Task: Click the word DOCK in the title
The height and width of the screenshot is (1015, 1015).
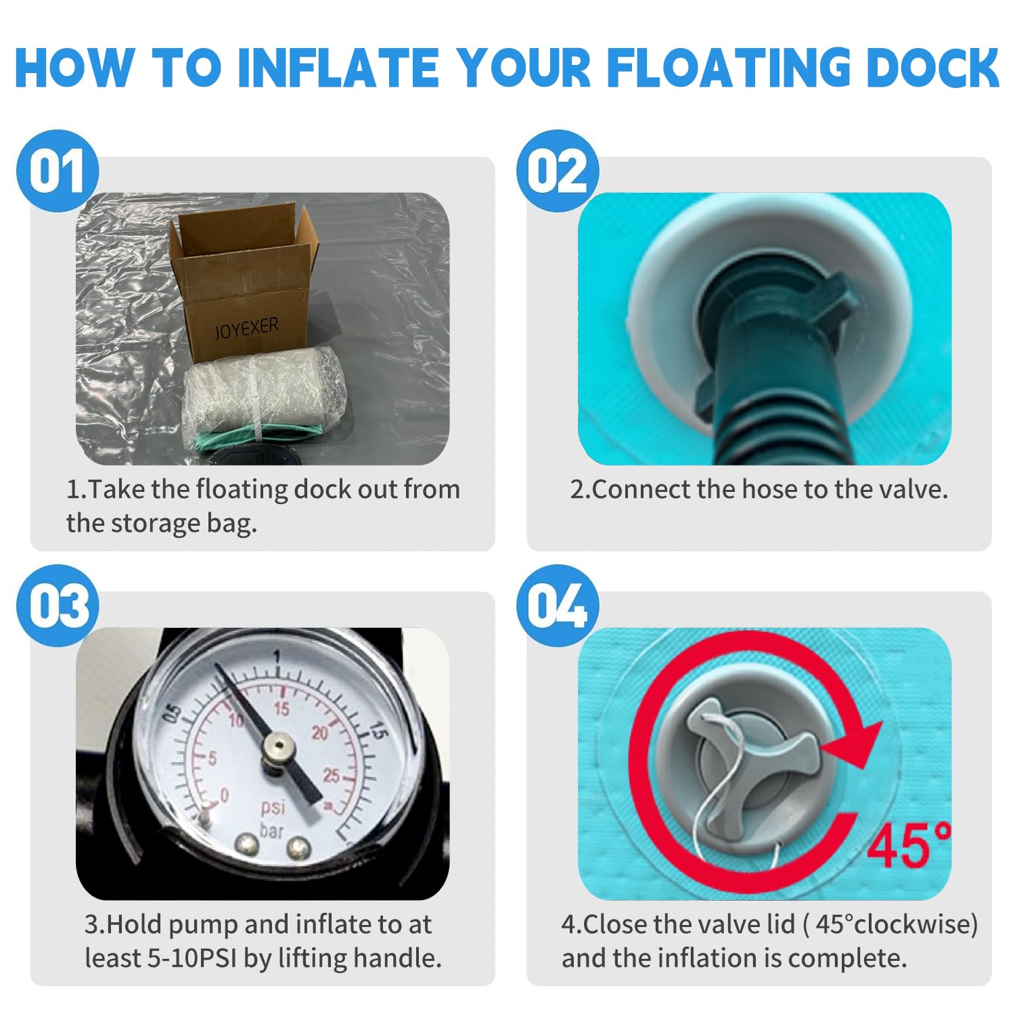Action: [x=933, y=68]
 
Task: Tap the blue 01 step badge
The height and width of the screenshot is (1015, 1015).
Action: [x=58, y=171]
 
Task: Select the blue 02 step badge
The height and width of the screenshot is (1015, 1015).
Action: [x=558, y=171]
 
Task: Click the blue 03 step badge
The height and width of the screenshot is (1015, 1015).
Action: [x=58, y=606]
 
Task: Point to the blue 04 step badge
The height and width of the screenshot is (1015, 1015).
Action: [x=558, y=606]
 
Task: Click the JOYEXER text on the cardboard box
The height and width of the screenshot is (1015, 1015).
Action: [x=246, y=328]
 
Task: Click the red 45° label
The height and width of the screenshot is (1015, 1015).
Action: [x=909, y=844]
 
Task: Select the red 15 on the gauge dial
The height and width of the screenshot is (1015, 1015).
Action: [x=281, y=708]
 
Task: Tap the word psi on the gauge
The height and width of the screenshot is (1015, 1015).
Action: [x=273, y=807]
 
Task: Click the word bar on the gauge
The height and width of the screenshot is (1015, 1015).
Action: [x=271, y=830]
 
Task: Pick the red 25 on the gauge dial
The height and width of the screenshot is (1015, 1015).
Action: [x=331, y=775]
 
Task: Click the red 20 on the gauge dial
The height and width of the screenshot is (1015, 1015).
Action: [x=319, y=733]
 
